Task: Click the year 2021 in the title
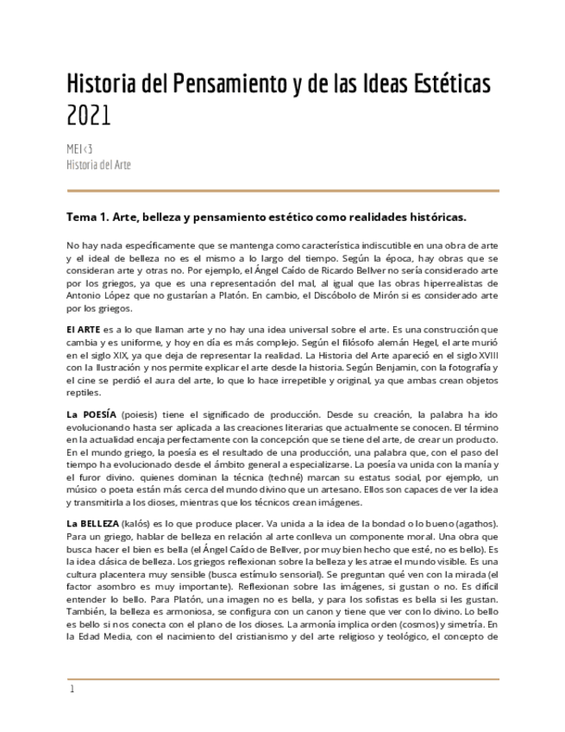pos(89,115)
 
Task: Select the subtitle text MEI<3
pos(79,149)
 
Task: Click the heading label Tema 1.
pos(90,216)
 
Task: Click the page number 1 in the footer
pos(72,689)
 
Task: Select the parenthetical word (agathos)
pos(473,525)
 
